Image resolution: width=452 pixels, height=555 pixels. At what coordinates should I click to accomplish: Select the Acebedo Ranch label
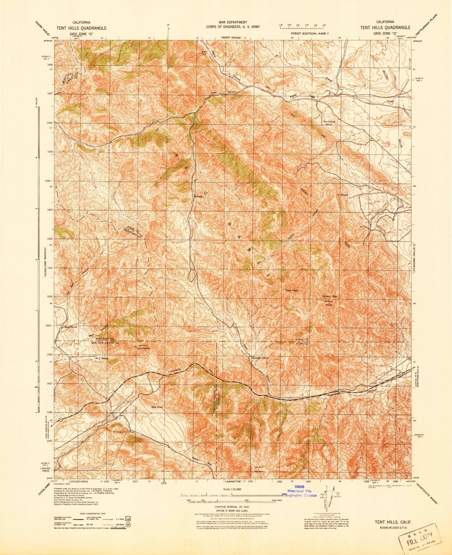[x=258, y=357]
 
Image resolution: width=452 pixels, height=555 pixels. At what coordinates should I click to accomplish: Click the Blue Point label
[x=157, y=407]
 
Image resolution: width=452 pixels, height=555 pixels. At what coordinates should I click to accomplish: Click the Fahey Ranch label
[x=70, y=327]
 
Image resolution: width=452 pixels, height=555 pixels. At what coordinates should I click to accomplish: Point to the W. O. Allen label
[x=119, y=432]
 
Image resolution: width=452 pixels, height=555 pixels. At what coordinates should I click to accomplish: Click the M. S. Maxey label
[x=101, y=359]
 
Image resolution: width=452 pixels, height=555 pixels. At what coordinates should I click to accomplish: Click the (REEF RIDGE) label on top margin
[x=231, y=37]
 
